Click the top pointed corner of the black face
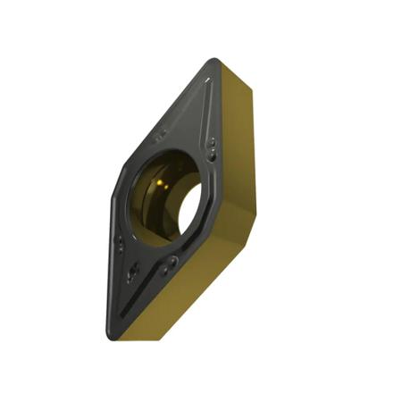(213, 63)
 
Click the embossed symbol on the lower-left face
(135, 272)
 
